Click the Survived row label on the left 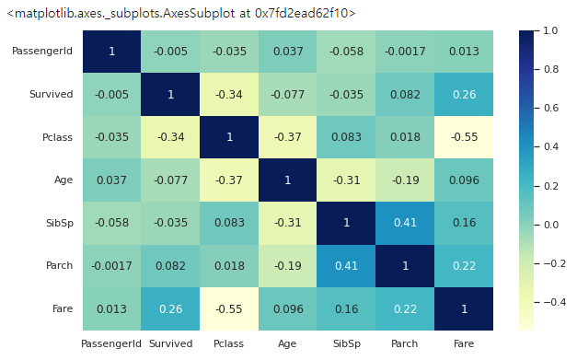click(52, 94)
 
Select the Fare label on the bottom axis click(464, 343)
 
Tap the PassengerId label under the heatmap click(111, 344)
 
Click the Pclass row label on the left click(57, 137)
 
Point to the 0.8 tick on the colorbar click(551, 69)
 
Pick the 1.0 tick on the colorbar click(550, 30)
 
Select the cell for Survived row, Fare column click(464, 94)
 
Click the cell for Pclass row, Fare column click(464, 137)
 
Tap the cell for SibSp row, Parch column click(405, 223)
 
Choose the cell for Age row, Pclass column click(229, 180)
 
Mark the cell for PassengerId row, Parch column click(405, 52)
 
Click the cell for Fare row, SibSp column click(346, 308)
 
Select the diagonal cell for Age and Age click(288, 180)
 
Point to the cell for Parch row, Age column click(288, 266)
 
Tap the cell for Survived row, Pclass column click(229, 94)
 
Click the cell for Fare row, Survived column click(170, 308)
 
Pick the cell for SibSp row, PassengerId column click(112, 223)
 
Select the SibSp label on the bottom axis click(347, 344)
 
